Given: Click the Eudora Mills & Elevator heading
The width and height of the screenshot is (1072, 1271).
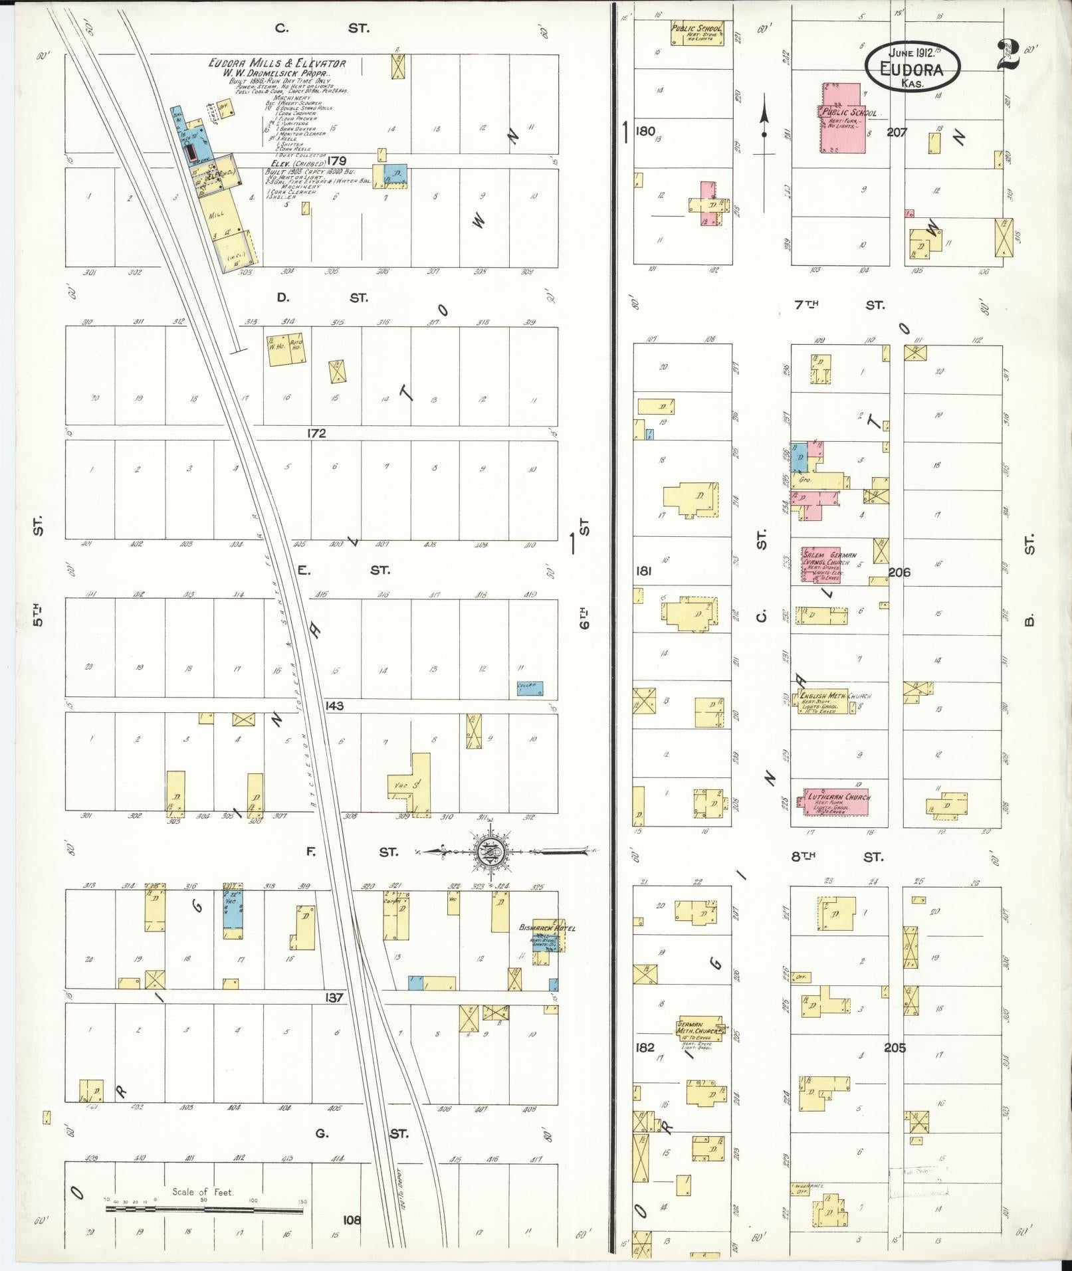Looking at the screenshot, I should point(276,64).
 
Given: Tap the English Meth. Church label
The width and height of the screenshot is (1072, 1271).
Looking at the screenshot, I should point(836,696).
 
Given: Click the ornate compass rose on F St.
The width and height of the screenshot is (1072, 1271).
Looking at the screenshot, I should point(491,851).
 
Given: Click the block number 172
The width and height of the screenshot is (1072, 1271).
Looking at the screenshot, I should point(316,433).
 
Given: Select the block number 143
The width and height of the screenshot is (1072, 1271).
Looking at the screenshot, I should point(334,706).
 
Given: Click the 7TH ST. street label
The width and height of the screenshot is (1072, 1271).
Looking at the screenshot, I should point(839,305).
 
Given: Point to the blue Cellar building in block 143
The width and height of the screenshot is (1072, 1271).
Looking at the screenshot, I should point(530,688).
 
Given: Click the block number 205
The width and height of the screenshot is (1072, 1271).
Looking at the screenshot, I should point(895,1047).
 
